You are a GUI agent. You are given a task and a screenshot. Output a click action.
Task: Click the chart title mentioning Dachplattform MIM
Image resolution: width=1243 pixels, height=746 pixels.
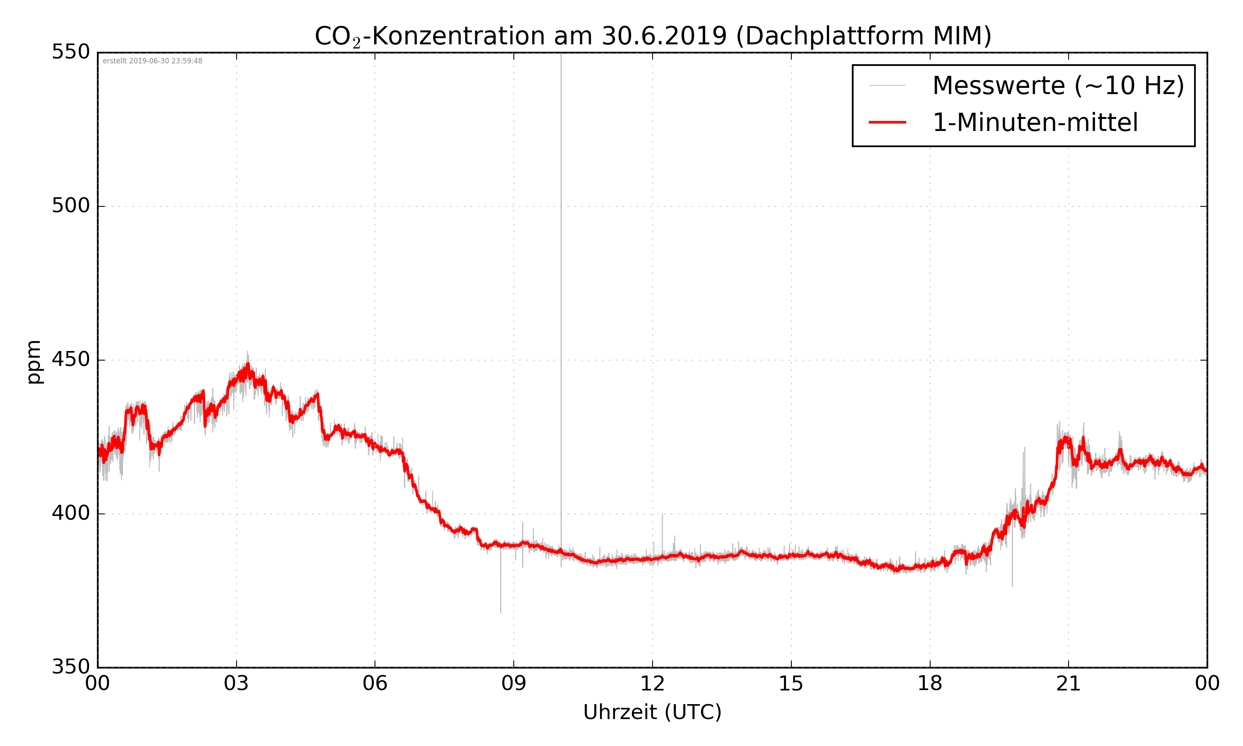(x=653, y=36)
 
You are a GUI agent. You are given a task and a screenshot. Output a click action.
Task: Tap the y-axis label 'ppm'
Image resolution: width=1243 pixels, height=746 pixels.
(x=34, y=362)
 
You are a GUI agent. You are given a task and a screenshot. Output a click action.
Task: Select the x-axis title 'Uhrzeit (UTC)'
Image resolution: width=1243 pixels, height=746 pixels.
(x=652, y=712)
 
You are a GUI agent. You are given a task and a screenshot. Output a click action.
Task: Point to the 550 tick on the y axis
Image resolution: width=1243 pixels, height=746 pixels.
(x=71, y=52)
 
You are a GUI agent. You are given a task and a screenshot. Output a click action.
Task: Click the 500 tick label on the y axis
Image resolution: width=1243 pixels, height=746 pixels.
(x=71, y=206)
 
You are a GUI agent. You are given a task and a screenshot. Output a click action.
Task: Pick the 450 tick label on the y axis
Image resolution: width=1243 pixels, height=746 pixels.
(x=71, y=359)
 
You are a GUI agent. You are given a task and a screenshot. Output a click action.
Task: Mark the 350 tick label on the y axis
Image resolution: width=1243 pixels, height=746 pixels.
(x=71, y=667)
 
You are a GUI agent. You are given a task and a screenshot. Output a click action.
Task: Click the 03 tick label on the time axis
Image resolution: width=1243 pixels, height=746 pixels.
(x=236, y=684)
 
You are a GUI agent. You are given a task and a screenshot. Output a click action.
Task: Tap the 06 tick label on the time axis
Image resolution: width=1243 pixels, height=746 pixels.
(x=375, y=684)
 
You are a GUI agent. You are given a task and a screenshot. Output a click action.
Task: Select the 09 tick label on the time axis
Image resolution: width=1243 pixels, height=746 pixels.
(x=513, y=684)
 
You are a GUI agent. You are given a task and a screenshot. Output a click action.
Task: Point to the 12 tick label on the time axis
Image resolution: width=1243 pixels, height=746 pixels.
(x=652, y=684)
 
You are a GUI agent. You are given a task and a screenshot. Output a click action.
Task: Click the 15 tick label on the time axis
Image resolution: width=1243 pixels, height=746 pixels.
(x=791, y=684)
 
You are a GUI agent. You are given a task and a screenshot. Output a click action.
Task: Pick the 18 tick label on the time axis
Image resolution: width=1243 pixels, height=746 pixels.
(x=929, y=684)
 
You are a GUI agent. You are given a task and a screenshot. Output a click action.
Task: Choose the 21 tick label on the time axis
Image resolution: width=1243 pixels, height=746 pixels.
(x=1068, y=684)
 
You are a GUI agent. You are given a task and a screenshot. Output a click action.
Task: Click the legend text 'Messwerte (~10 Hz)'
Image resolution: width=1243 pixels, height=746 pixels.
(x=1058, y=85)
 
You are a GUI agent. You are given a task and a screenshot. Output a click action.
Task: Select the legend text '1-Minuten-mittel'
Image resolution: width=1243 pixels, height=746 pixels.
(x=1035, y=123)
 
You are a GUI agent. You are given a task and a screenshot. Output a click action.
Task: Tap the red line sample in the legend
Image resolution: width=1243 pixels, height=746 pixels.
(x=887, y=122)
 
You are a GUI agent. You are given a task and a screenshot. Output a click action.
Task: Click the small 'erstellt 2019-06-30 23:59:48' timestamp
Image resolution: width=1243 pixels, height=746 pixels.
(x=152, y=61)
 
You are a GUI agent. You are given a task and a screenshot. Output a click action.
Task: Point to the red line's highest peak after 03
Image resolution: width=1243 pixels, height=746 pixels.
(x=248, y=364)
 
